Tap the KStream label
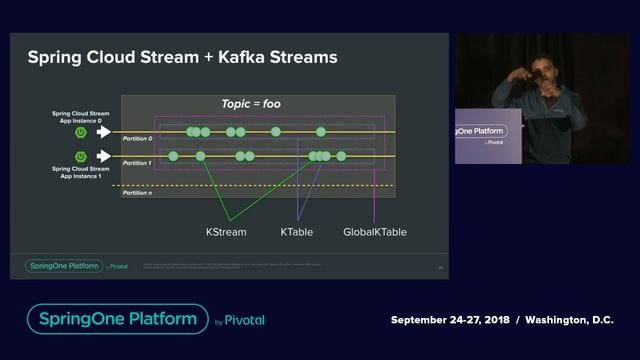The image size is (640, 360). (x=226, y=232)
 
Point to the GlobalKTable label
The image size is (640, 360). (x=374, y=232)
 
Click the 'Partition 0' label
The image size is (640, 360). (x=138, y=138)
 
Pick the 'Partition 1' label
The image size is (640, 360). (x=138, y=162)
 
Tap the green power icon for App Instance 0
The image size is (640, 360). (x=80, y=131)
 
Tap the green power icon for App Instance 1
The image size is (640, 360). (x=80, y=156)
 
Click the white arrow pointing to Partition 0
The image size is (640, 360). (x=103, y=131)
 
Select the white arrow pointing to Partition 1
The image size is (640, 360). (x=103, y=156)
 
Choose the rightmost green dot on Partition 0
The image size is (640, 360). (x=321, y=132)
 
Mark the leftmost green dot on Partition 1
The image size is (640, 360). (x=174, y=156)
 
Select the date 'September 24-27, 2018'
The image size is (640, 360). (x=449, y=320)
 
